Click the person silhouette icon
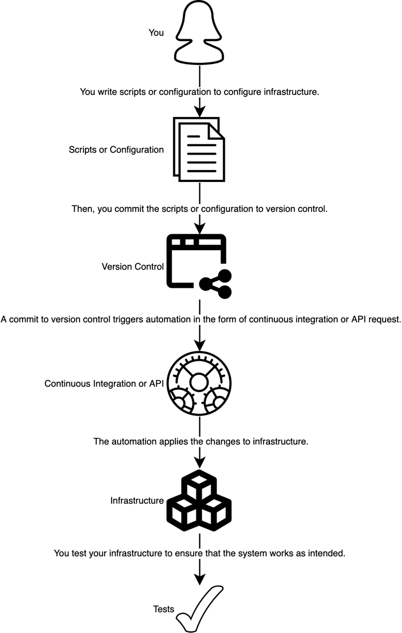click(199, 33)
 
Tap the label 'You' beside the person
click(156, 33)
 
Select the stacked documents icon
click(199, 149)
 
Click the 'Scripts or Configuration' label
click(116, 150)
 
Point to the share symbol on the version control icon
click(215, 284)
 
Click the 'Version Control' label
click(133, 266)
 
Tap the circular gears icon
click(199, 383)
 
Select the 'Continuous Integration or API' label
click(104, 384)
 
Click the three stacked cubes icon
click(199, 500)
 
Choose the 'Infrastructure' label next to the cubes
click(137, 501)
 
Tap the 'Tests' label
click(164, 609)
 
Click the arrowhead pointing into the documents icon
click(199, 112)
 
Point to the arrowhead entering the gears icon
click(199, 345)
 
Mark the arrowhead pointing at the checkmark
click(199, 579)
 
